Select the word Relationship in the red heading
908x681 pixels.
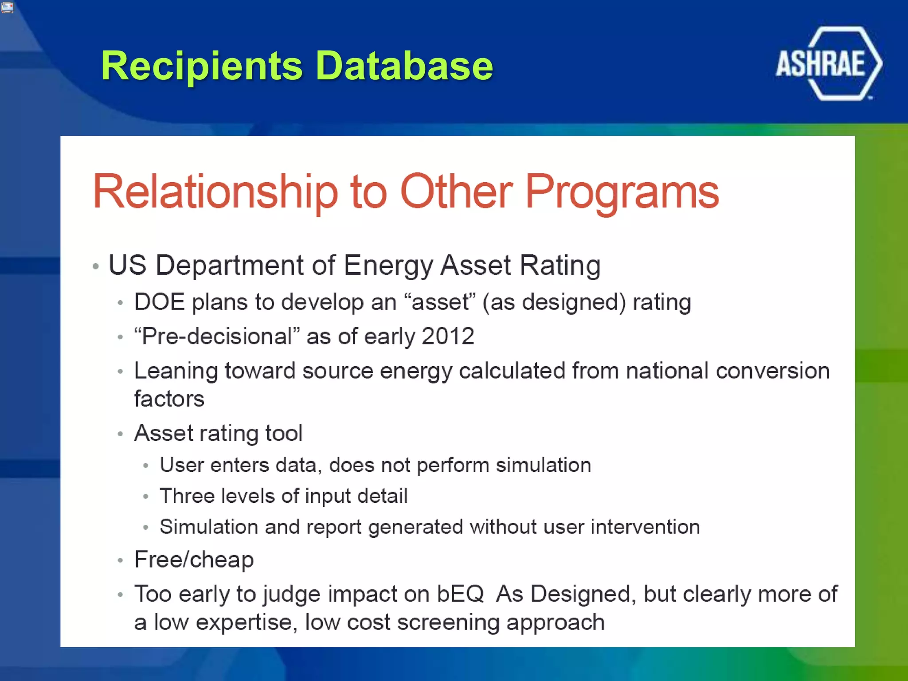[x=215, y=192]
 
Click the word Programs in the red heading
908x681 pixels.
[x=622, y=192]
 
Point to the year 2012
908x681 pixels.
[x=448, y=337]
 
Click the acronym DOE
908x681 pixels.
[x=159, y=302]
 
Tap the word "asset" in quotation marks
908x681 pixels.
[x=440, y=302]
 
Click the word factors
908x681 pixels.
[x=169, y=399]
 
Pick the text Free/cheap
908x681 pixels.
[x=194, y=560]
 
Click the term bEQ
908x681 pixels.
[x=460, y=594]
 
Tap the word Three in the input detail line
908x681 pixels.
[x=185, y=496]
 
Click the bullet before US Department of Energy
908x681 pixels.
[x=95, y=266]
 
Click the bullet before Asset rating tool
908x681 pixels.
[x=120, y=434]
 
